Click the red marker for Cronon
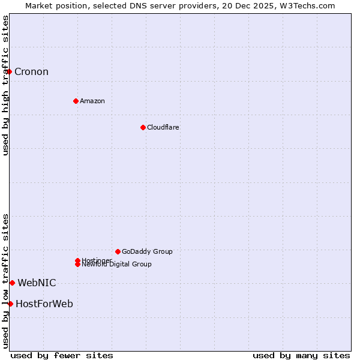[9, 72]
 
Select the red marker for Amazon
[76, 101]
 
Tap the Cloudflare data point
[143, 127]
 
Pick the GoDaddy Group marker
[118, 251]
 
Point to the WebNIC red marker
[12, 283]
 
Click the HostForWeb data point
[10, 304]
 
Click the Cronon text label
[31, 72]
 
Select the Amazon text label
[92, 101]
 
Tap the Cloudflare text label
[163, 127]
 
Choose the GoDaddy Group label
[147, 251]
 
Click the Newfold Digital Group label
[116, 265]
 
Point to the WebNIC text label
[37, 283]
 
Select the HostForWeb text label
[44, 304]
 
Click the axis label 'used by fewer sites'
[62, 355]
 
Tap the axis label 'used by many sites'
[301, 355]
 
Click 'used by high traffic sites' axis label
[5, 85]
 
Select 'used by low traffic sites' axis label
[5, 281]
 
